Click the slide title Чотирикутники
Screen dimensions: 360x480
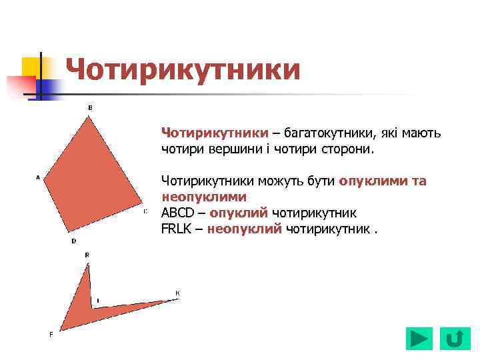(183, 70)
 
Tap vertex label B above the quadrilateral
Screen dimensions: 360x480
(90, 107)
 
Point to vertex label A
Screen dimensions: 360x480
(38, 177)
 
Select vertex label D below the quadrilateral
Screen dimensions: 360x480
(73, 241)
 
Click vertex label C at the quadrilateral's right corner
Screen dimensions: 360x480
(145, 211)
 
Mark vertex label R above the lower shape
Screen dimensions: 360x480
(87, 255)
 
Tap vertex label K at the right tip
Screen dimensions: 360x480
(177, 293)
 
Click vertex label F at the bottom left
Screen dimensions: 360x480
(51, 333)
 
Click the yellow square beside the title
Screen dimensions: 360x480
(31, 67)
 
